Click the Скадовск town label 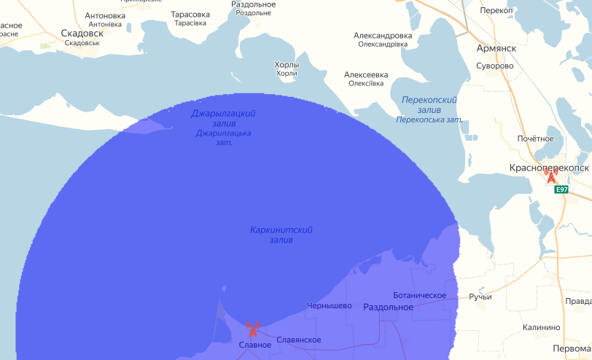pos(82,34)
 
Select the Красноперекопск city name pos(549,168)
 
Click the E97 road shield pos(561,189)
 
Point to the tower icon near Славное pos(253,329)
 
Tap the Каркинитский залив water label pos(281,235)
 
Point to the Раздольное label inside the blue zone pos(388,308)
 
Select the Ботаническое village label pos(419,295)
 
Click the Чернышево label pos(330,305)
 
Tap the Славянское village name pos(298,340)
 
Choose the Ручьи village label pos(480,297)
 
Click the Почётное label pos(535,138)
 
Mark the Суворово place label pos(494,66)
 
